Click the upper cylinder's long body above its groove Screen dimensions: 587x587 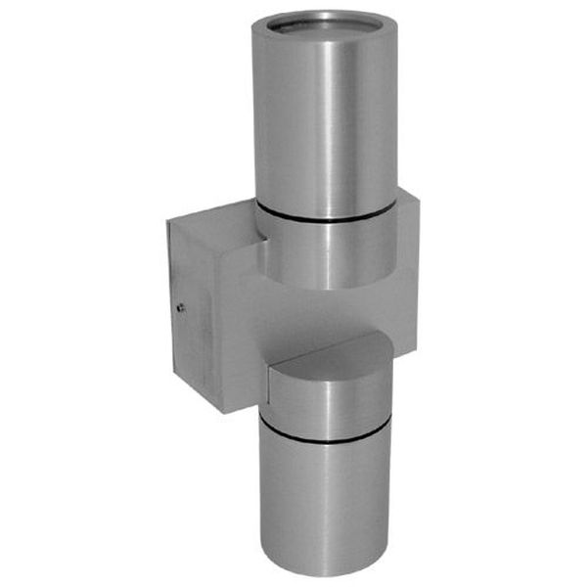coord(325,117)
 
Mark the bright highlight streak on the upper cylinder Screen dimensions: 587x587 coord(342,117)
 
